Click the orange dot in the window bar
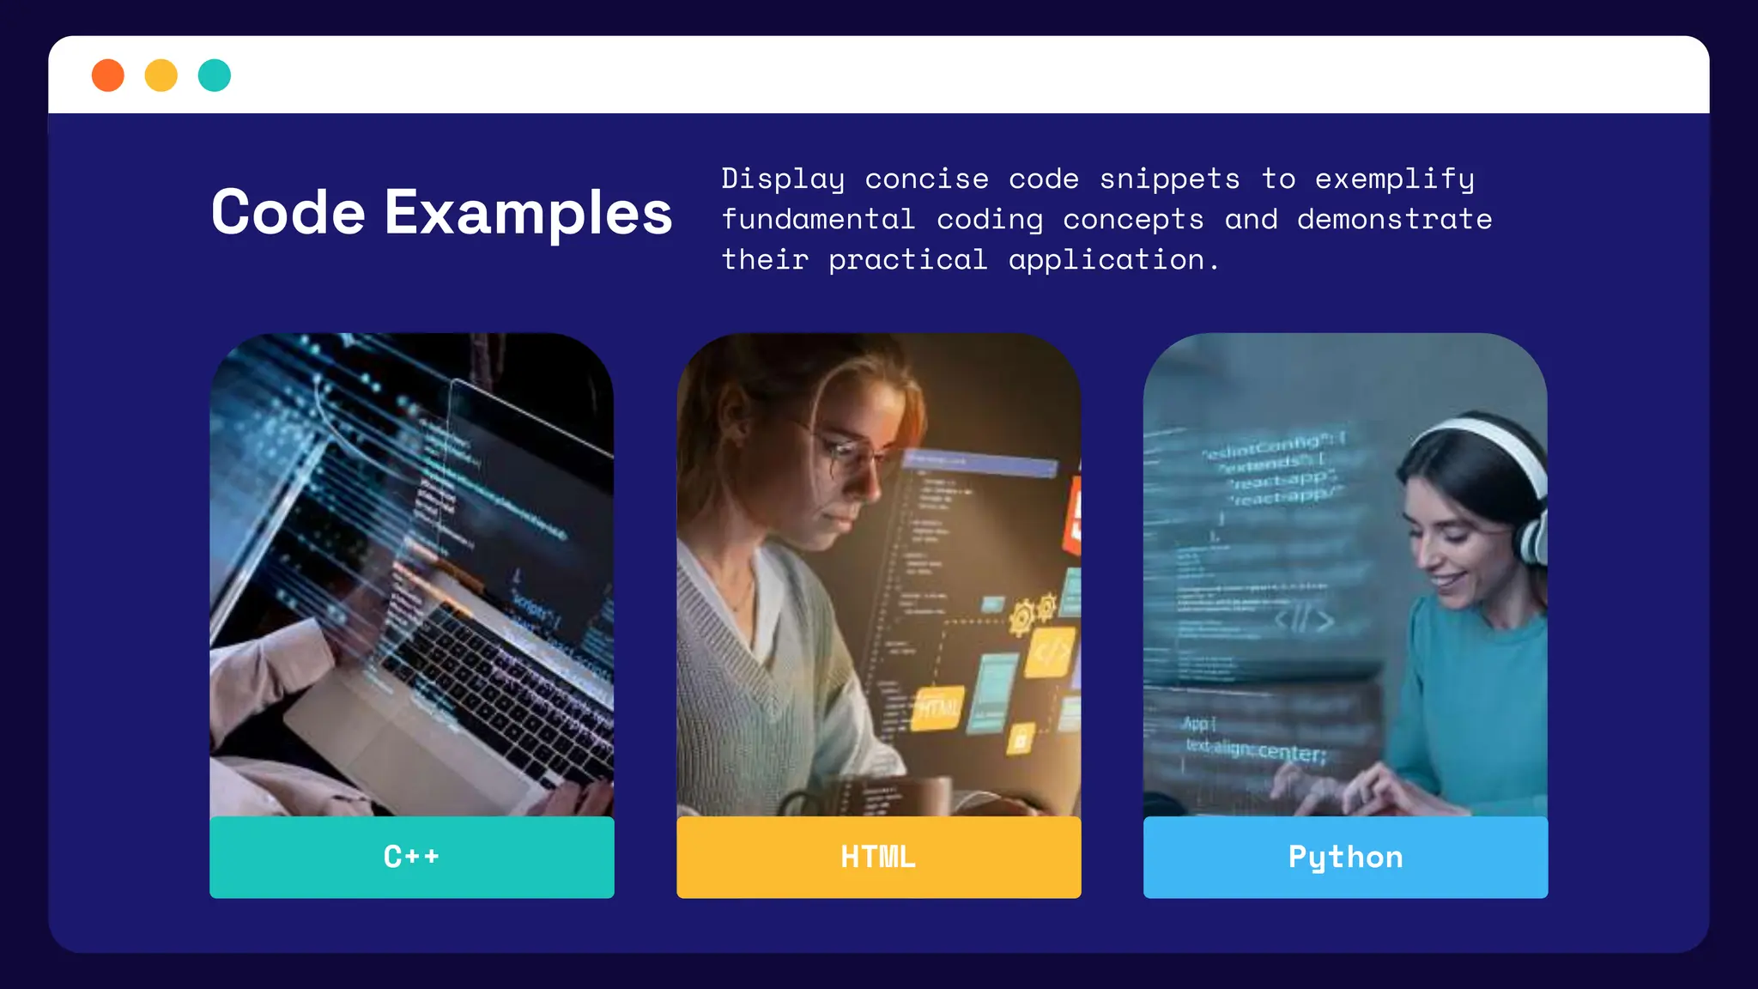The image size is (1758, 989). (x=108, y=76)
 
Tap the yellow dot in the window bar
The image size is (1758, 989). (x=161, y=76)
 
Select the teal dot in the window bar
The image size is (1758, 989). (x=215, y=76)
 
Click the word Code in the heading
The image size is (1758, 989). (x=288, y=212)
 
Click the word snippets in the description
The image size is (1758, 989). (x=1169, y=179)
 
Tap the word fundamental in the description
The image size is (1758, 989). (x=818, y=220)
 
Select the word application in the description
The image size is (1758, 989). (x=1106, y=260)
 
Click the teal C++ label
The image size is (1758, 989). (x=412, y=857)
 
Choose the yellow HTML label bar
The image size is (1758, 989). (x=878, y=857)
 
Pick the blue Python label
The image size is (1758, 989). (x=1345, y=857)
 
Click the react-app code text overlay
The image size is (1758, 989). (x=1283, y=488)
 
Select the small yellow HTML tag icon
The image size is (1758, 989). (x=938, y=708)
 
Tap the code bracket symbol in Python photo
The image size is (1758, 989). (x=1303, y=619)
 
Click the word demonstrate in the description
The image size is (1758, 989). (x=1394, y=220)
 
